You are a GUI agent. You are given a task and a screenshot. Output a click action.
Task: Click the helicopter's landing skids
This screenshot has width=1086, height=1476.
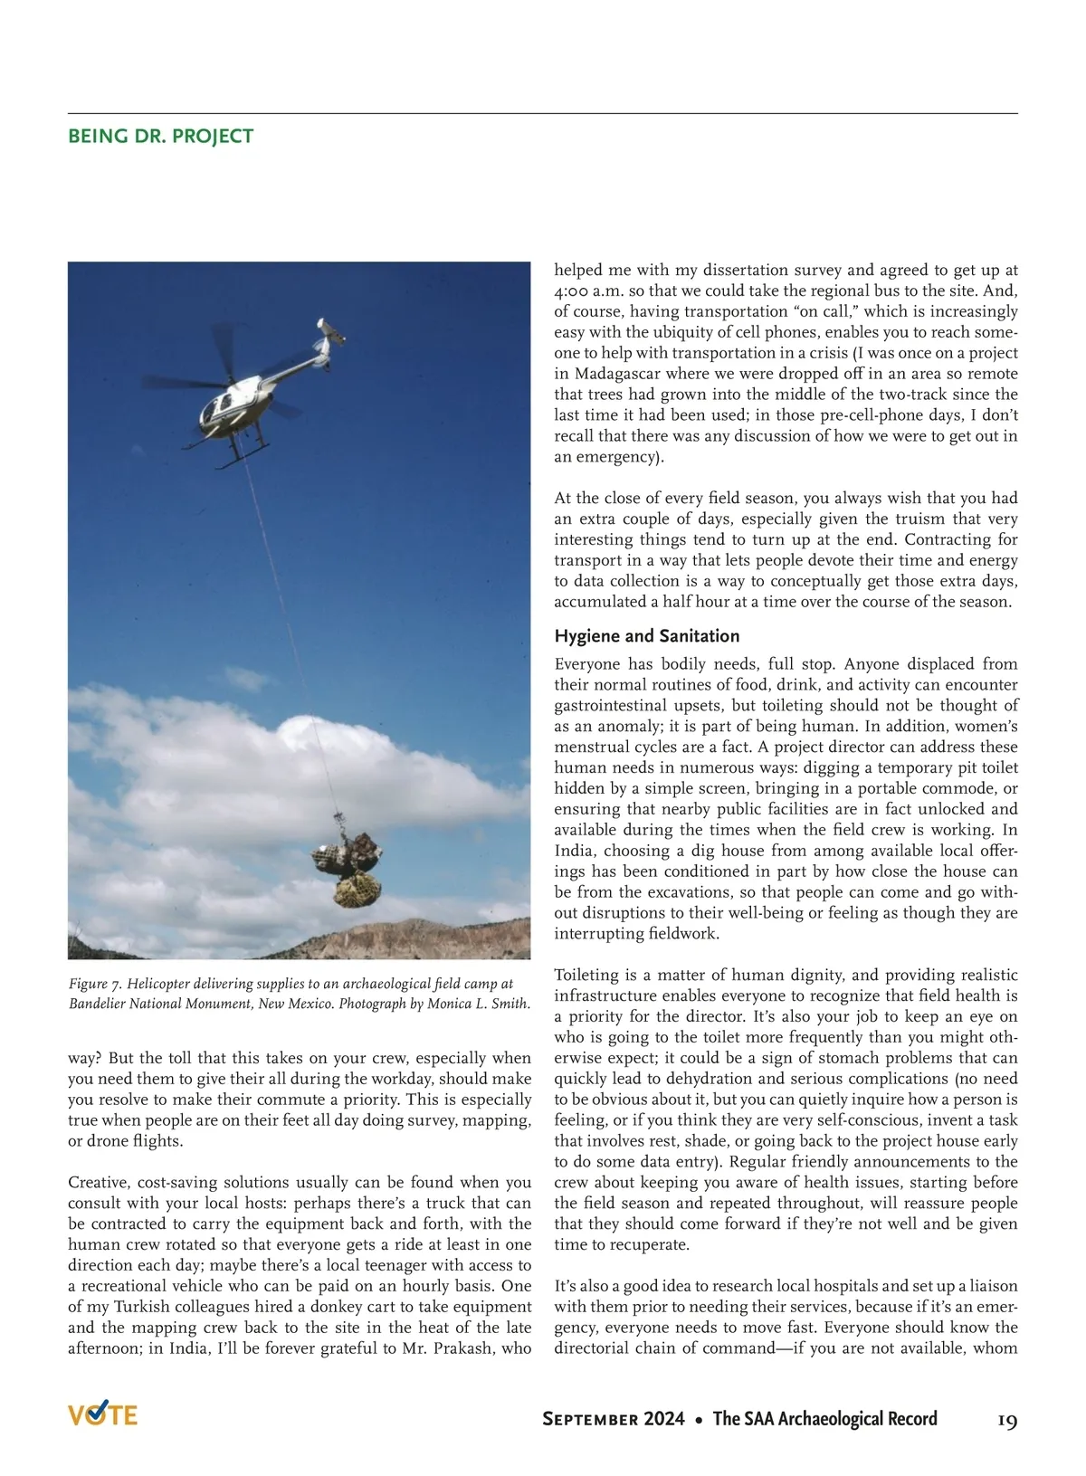[231, 450]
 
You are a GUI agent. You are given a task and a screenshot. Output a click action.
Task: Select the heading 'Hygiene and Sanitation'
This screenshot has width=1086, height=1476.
[646, 636]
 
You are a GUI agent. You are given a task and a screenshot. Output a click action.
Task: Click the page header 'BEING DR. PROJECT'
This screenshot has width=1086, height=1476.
[160, 137]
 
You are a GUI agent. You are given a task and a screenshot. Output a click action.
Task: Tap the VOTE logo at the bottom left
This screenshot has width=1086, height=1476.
[102, 1414]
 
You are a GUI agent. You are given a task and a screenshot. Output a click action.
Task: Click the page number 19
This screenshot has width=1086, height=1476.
[1006, 1420]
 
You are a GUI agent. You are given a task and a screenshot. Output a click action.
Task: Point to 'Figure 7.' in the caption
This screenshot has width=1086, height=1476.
[93, 984]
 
